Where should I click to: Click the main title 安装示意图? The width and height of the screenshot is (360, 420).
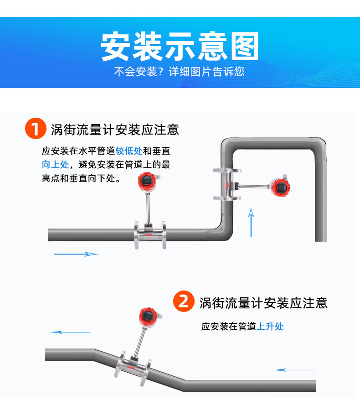180,47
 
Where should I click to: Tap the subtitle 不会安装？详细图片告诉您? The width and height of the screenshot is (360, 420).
179,72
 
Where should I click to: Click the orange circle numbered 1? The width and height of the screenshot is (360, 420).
36,128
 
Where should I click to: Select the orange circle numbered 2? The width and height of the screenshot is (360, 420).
184,301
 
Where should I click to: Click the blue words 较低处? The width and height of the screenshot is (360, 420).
129,151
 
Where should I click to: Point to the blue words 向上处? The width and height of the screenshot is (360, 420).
56,165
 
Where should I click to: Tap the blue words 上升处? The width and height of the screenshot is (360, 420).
270,327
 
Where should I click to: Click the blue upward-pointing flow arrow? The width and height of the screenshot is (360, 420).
251,223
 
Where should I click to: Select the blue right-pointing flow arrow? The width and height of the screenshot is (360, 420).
76,254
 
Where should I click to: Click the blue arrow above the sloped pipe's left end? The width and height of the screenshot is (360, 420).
70,332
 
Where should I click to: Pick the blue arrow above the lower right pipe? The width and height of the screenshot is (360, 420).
293,370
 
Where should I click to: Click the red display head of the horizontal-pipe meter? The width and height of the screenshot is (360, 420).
147,181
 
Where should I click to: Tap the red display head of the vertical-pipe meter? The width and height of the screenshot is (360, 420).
280,187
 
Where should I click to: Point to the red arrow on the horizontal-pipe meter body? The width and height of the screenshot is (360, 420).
149,235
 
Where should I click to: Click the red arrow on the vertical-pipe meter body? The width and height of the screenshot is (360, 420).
227,185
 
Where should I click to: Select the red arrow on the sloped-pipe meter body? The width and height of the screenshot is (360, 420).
131,368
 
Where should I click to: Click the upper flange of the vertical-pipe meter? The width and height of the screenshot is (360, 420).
227,171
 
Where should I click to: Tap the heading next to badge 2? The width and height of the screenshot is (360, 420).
263,303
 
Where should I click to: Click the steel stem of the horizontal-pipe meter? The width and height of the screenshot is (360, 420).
148,208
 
